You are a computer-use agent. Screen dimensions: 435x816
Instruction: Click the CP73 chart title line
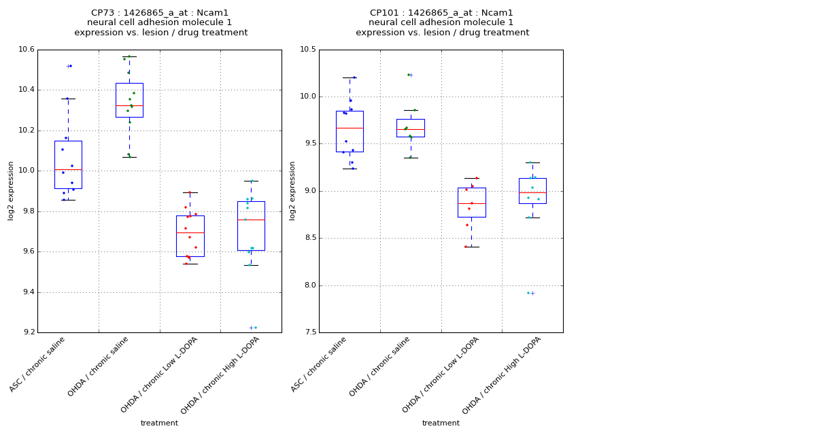coord(160,13)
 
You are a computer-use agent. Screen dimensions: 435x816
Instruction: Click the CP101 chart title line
coord(442,13)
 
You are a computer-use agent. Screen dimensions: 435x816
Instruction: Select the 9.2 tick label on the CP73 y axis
coord(27,333)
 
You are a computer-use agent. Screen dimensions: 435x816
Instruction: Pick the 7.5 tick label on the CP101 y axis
coord(309,333)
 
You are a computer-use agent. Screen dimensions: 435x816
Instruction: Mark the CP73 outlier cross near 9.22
coord(251,328)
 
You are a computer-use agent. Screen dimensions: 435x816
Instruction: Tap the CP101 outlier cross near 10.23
coord(411,75)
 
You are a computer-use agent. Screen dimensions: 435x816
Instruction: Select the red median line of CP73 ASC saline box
coord(68,169)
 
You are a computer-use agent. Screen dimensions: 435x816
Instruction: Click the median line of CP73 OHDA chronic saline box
coord(129,105)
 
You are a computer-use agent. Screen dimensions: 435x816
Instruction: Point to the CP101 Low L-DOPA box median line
coord(471,203)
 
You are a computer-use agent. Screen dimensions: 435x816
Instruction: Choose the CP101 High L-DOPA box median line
coord(532,193)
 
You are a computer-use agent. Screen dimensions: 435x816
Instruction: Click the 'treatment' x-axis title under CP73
coord(159,423)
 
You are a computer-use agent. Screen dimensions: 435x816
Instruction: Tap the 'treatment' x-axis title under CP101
coord(441,423)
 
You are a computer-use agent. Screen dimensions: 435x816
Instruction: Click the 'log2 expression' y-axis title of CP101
coord(292,191)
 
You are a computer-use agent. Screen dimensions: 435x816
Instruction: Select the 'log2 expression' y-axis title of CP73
coord(11,191)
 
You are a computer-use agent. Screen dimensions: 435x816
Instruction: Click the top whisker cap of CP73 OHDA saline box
coord(129,56)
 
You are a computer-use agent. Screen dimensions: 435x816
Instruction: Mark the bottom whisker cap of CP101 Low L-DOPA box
coord(471,247)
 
